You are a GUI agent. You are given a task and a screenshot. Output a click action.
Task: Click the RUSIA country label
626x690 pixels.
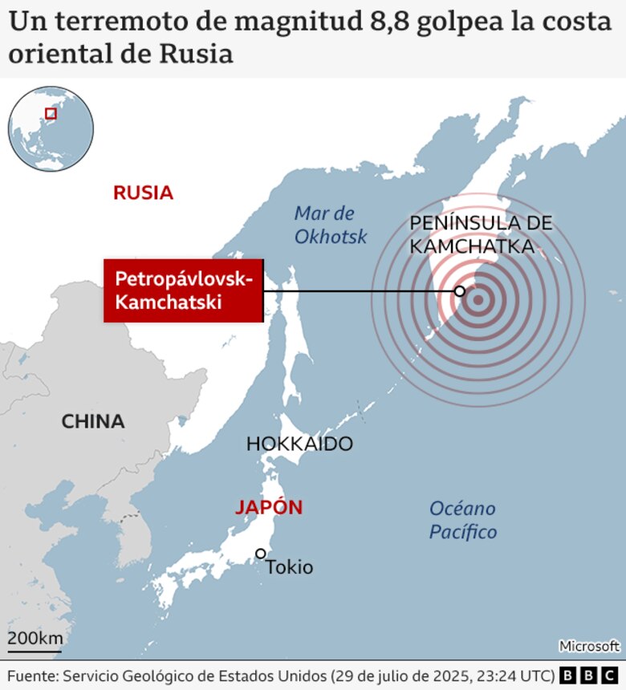(x=143, y=193)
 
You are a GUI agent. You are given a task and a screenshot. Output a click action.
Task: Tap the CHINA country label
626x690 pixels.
(x=93, y=421)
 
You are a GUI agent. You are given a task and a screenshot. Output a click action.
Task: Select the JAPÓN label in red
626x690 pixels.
(x=269, y=507)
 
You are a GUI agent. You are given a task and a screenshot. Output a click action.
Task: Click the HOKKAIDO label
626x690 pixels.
(x=299, y=444)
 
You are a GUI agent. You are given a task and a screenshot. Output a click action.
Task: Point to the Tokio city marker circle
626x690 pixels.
(x=261, y=554)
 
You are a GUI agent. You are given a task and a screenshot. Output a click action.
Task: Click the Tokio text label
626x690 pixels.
(x=290, y=567)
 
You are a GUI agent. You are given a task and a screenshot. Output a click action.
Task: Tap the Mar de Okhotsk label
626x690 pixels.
(x=330, y=225)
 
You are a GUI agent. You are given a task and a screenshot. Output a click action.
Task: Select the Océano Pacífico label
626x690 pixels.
(x=463, y=520)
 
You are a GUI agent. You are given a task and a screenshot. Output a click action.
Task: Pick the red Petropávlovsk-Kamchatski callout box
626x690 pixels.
(x=183, y=290)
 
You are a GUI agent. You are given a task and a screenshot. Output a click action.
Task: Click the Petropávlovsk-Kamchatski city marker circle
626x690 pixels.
(x=460, y=290)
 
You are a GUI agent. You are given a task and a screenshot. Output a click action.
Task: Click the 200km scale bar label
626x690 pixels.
(x=35, y=639)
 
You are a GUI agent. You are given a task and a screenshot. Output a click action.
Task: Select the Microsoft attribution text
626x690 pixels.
(x=589, y=645)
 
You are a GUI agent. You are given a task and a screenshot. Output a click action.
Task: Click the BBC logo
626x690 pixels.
(x=590, y=675)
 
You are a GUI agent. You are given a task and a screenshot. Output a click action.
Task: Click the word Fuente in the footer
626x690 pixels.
(x=30, y=675)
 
